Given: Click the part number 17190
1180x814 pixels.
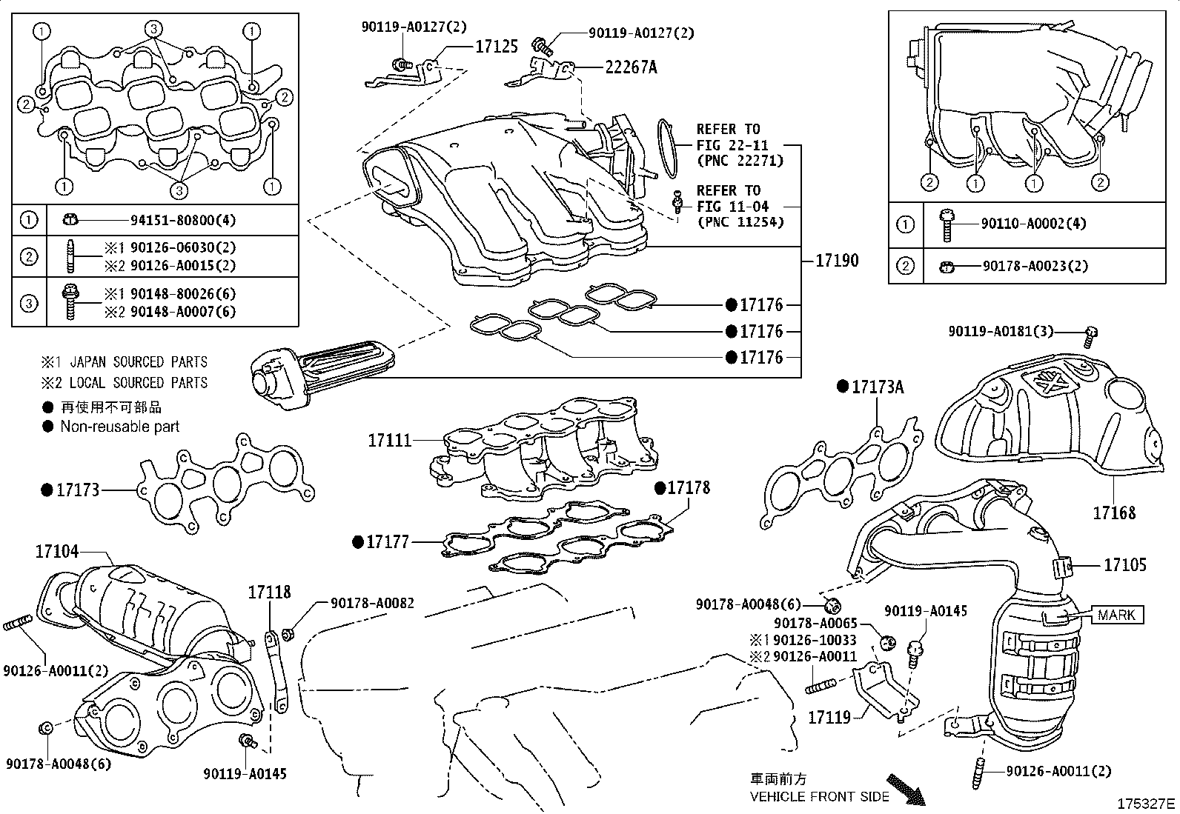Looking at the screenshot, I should click(x=837, y=260).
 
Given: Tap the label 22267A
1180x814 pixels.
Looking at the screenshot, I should click(x=631, y=67).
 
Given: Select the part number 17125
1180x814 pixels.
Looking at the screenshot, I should click(x=496, y=47).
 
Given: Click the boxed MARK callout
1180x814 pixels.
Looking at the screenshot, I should click(x=1117, y=615).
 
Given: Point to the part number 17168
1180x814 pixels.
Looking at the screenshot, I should click(x=1114, y=512).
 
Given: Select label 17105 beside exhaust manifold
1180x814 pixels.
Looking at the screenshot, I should click(x=1124, y=565).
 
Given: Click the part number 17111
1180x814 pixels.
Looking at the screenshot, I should click(x=389, y=440).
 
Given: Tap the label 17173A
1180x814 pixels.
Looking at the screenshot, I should click(x=878, y=387).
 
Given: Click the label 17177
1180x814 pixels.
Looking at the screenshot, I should click(x=388, y=542).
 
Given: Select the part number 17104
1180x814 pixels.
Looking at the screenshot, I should click(x=57, y=552).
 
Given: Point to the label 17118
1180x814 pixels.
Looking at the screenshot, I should click(x=269, y=592).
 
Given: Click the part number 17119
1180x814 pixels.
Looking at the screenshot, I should click(x=829, y=717).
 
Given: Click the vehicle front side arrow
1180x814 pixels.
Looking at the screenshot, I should click(x=906, y=790).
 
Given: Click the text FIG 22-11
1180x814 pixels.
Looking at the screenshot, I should click(x=732, y=145).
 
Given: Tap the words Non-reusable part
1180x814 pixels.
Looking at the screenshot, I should click(x=120, y=427).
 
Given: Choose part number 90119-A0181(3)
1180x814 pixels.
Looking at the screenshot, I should click(x=1001, y=332).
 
